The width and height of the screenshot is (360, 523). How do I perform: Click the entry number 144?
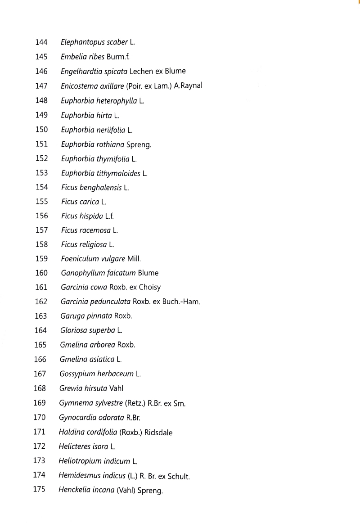click(x=41, y=42)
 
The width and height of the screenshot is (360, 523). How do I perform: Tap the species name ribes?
click(x=95, y=57)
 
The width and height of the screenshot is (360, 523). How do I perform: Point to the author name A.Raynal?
click(x=188, y=86)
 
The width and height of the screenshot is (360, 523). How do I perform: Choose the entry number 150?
click(x=41, y=130)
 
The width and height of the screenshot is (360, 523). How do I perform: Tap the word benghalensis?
click(x=101, y=187)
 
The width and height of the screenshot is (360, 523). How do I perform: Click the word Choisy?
click(x=149, y=287)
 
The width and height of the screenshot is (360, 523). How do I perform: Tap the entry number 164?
click(x=40, y=330)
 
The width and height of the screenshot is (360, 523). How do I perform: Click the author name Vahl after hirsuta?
click(x=116, y=388)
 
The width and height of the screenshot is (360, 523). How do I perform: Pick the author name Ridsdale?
click(x=158, y=432)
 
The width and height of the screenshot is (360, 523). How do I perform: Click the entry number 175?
click(x=40, y=490)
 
